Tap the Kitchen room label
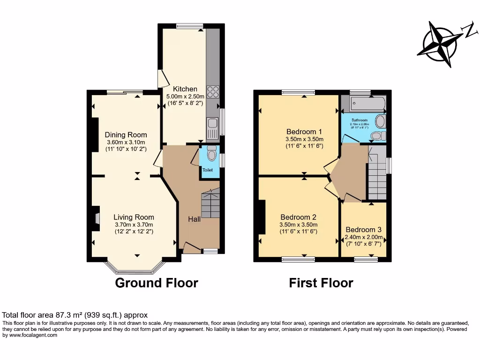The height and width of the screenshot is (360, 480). point(185,89)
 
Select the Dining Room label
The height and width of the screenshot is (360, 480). point(126,135)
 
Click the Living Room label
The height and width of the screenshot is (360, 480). point(134,217)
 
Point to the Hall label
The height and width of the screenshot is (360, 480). point(195,219)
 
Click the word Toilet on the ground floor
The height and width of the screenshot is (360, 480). point(208,170)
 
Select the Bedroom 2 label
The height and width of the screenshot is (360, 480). point(298,217)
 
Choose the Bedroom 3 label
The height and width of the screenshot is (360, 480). point(363,230)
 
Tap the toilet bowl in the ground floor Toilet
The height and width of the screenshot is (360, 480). point(212,153)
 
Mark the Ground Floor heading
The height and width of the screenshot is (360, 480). point(157,283)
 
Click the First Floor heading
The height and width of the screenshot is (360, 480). point(321,283)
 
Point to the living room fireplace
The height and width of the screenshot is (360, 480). point(96,219)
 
